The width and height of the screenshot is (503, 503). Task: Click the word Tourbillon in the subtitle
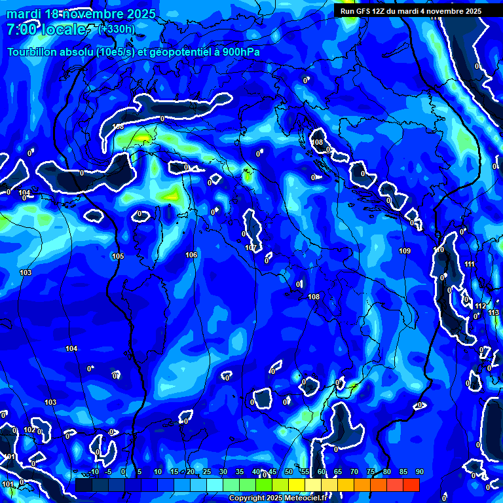(31, 52)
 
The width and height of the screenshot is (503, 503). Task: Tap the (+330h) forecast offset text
(117, 29)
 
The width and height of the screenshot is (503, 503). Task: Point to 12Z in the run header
(381, 11)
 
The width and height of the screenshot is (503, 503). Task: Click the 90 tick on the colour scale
(419, 472)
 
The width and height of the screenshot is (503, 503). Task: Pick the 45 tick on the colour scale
(272, 472)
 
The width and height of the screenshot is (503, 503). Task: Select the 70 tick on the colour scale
(354, 472)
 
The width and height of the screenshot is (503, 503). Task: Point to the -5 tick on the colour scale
(107, 472)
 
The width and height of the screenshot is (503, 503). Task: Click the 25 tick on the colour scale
(206, 472)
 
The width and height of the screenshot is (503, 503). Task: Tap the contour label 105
(118, 256)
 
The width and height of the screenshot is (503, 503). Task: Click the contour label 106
(191, 255)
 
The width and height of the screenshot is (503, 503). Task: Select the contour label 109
(405, 251)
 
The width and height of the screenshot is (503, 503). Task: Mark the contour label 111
(470, 264)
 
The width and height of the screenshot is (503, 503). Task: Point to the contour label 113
(493, 312)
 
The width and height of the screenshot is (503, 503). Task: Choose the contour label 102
(29, 430)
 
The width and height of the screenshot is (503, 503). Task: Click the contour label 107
(251, 248)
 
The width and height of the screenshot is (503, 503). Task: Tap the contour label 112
(481, 306)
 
